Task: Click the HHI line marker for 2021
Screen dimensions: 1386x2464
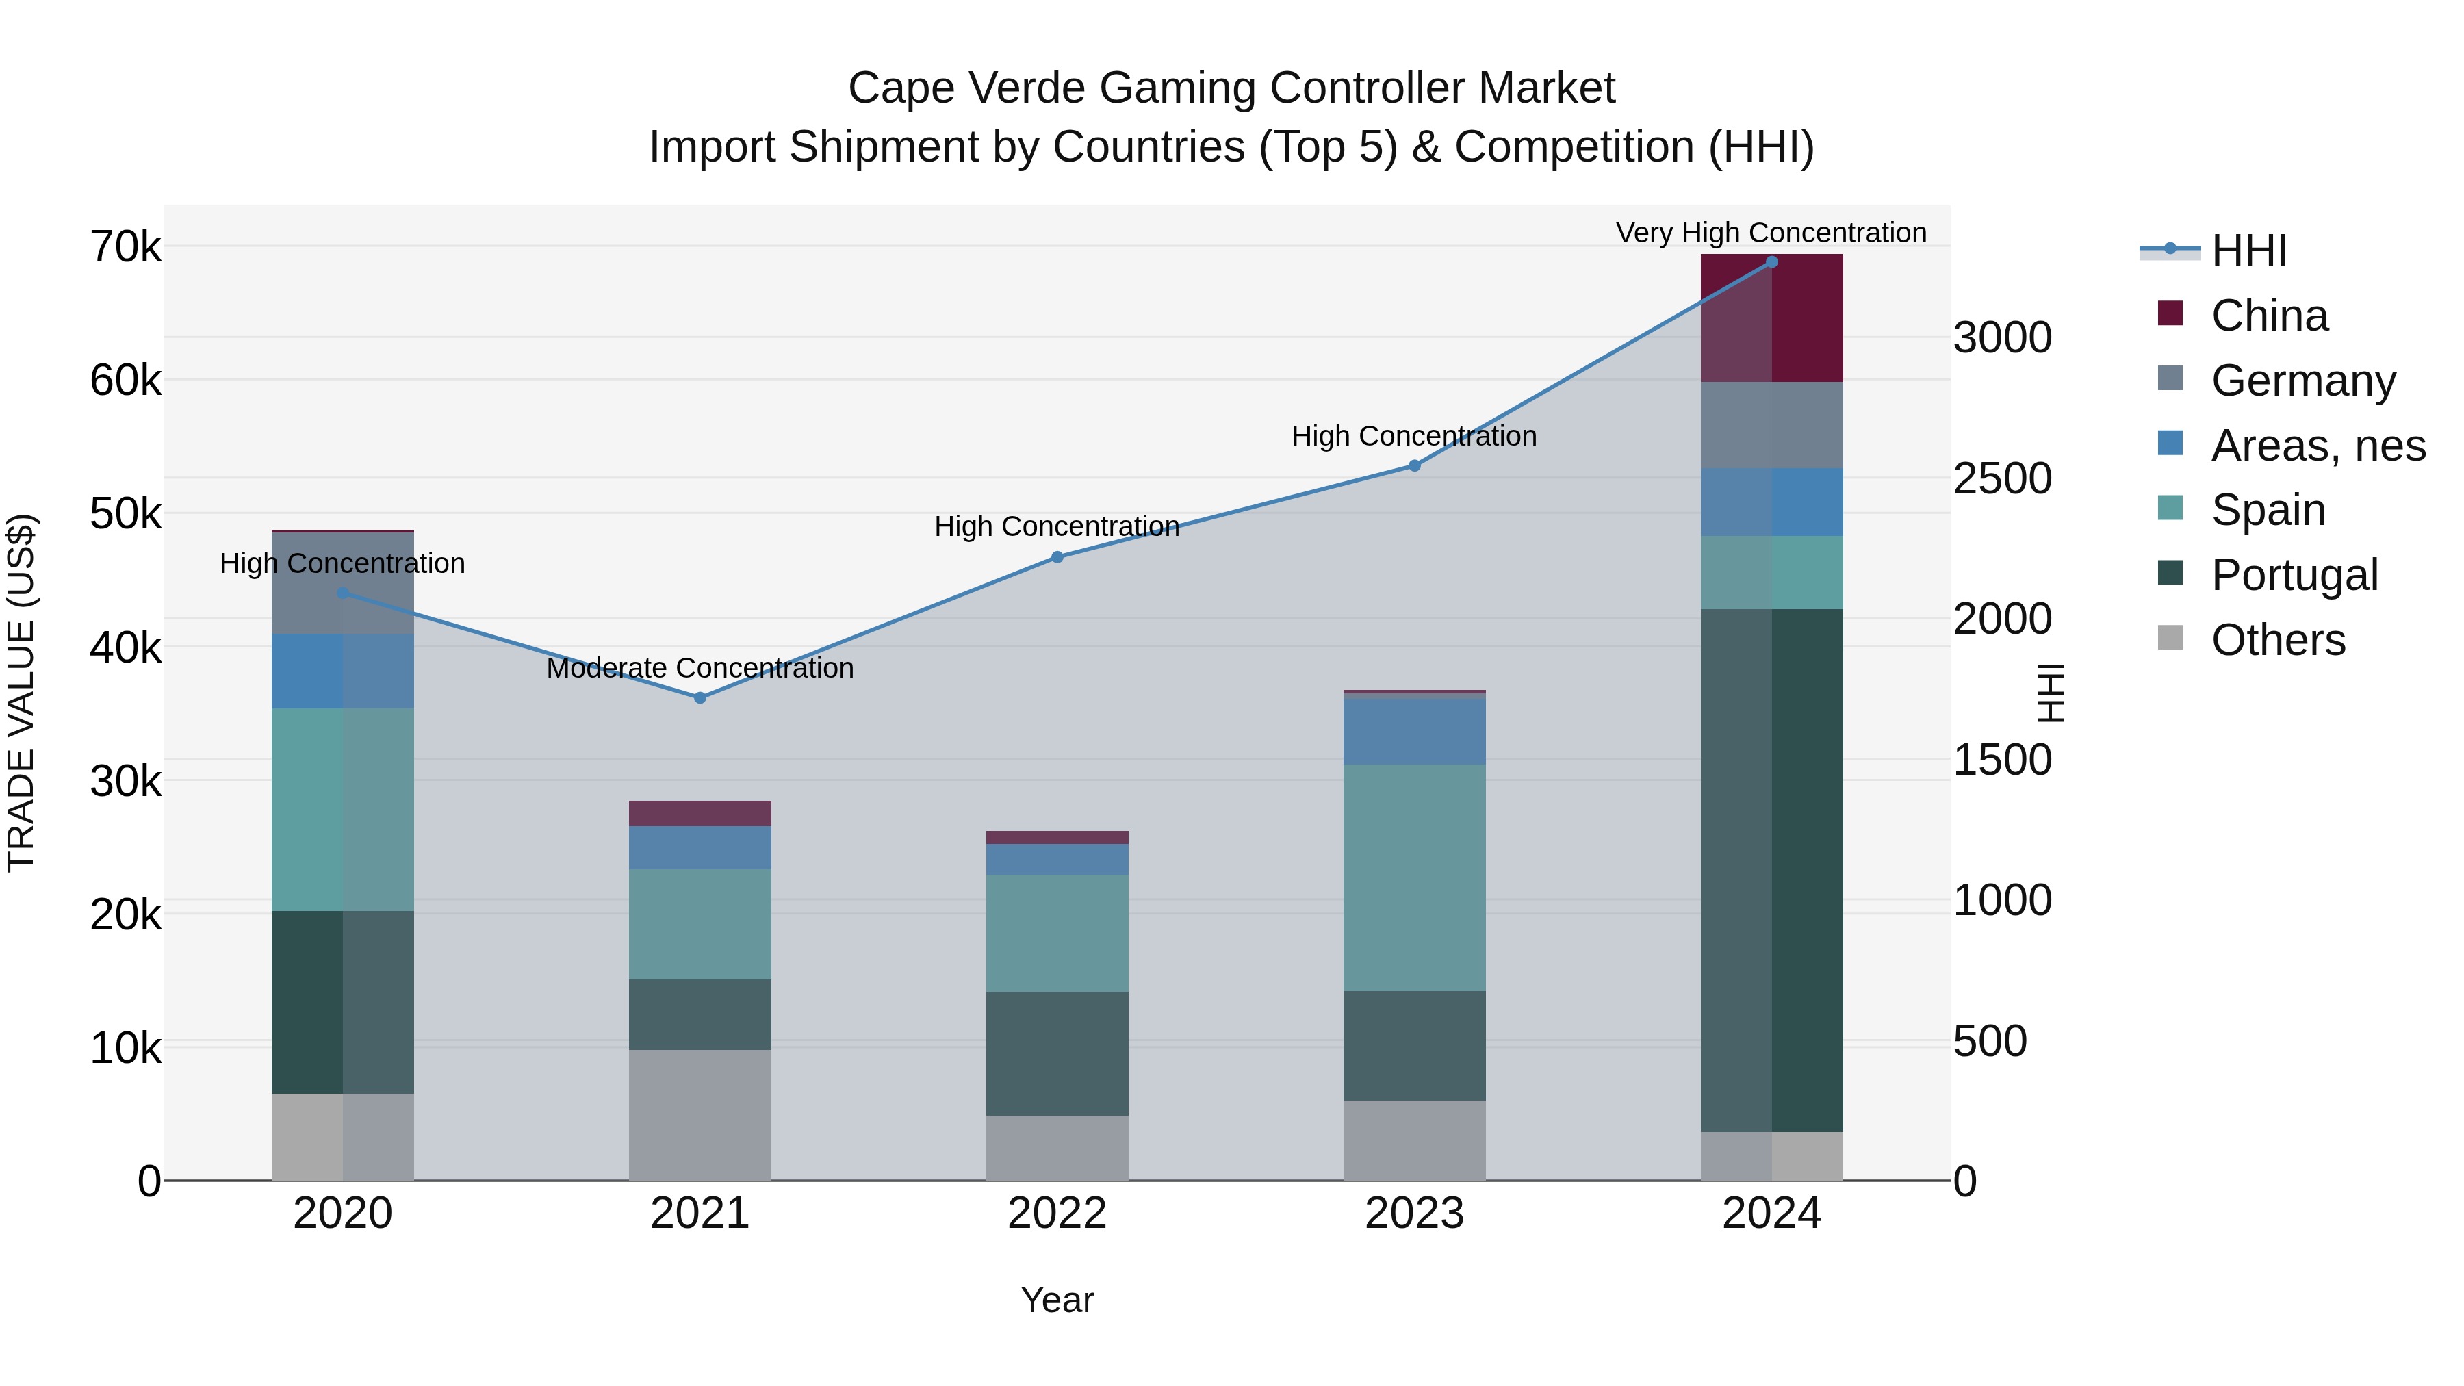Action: (x=700, y=698)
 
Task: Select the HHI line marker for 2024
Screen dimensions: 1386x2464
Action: (x=1771, y=262)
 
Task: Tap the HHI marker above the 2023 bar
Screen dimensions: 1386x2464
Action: (x=1415, y=466)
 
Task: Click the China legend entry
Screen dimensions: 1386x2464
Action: (x=2269, y=316)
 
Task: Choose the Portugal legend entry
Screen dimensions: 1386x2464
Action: (x=2294, y=575)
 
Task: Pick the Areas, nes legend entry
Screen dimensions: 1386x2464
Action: (x=2317, y=446)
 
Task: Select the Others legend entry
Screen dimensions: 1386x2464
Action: (x=2277, y=640)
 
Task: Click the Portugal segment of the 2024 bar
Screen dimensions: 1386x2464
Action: (x=1771, y=871)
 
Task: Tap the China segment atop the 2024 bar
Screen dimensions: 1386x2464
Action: (x=1771, y=318)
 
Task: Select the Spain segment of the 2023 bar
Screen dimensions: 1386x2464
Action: (x=1415, y=877)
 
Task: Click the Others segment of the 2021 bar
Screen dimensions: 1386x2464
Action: (x=700, y=1116)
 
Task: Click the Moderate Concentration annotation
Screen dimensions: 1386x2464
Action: (x=700, y=667)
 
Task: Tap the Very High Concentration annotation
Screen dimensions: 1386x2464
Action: (x=1771, y=233)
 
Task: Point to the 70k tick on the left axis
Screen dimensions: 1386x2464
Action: (x=125, y=247)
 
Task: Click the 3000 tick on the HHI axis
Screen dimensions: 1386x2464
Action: (x=2002, y=337)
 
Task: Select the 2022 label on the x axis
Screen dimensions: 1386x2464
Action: (x=1057, y=1214)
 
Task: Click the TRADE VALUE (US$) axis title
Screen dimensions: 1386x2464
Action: (x=22, y=693)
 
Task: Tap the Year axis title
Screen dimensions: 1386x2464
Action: (x=1057, y=1300)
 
